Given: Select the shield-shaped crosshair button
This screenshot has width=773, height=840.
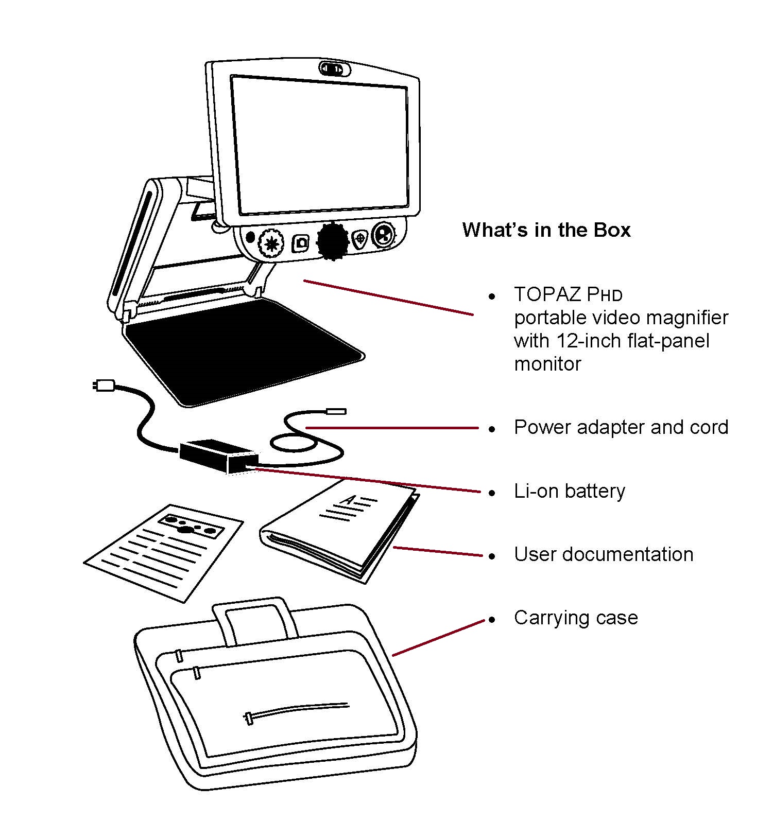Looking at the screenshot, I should point(360,239).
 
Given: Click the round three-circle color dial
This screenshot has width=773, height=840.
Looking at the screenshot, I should point(383,235).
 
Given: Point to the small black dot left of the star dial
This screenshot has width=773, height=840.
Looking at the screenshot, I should point(251,237).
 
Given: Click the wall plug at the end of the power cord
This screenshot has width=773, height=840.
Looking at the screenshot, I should point(104,385).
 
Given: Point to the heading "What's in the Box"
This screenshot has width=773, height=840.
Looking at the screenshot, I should point(546,230).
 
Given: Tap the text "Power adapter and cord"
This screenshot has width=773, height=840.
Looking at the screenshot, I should point(621,427).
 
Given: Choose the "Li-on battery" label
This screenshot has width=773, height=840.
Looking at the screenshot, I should point(570,491).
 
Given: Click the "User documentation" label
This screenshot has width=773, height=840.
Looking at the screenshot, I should point(604,554).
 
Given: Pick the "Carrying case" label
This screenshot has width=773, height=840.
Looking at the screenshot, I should point(576,618).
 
